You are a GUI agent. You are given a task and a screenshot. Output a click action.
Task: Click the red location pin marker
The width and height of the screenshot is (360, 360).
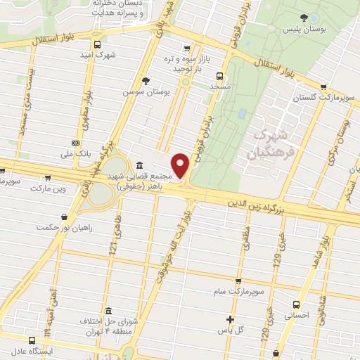[181, 166]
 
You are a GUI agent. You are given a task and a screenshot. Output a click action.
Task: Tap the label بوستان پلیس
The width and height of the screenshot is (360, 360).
[297, 30]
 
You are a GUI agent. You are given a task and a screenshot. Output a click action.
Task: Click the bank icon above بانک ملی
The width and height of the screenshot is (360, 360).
[75, 141]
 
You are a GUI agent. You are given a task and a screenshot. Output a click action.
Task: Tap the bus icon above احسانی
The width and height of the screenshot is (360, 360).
[296, 305]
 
